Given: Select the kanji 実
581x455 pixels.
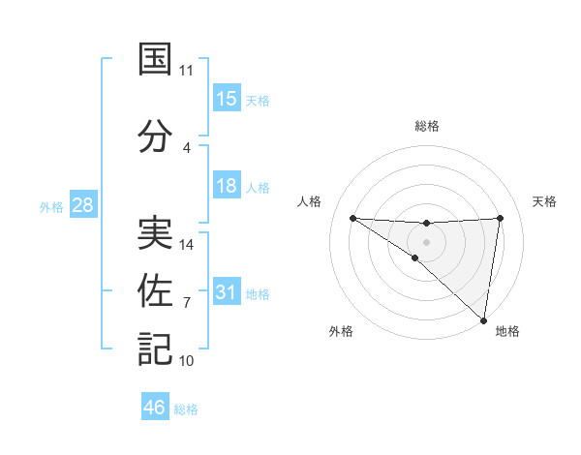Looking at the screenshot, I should pyautogui.click(x=155, y=232).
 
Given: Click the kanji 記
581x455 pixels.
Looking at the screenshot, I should pyautogui.click(x=155, y=349).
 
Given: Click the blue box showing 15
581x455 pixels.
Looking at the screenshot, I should pyautogui.click(x=227, y=99).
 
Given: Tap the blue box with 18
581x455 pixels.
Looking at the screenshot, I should pyautogui.click(x=227, y=186).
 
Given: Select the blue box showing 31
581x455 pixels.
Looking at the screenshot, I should pyautogui.click(x=227, y=292).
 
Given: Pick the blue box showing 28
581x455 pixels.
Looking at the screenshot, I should pyautogui.click(x=82, y=205).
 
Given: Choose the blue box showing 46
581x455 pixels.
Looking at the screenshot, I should pyautogui.click(x=155, y=408).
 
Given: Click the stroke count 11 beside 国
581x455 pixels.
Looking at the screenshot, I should pyautogui.click(x=187, y=71).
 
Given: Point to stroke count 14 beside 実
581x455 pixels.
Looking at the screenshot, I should pyautogui.click(x=187, y=245).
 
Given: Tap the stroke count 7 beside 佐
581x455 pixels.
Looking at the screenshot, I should pyautogui.click(x=187, y=303).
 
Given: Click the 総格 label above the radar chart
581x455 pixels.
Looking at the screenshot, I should pyautogui.click(x=427, y=126).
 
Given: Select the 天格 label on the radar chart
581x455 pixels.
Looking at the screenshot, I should pyautogui.click(x=545, y=201).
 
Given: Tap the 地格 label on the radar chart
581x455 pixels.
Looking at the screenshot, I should pyautogui.click(x=507, y=331).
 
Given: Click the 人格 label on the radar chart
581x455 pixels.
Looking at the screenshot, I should pyautogui.click(x=310, y=201).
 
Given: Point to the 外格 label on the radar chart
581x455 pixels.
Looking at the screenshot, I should pyautogui.click(x=341, y=331).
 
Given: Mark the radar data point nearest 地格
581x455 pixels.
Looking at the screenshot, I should pyautogui.click(x=483, y=319).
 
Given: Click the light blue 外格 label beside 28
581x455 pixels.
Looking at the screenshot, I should pyautogui.click(x=50, y=206).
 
